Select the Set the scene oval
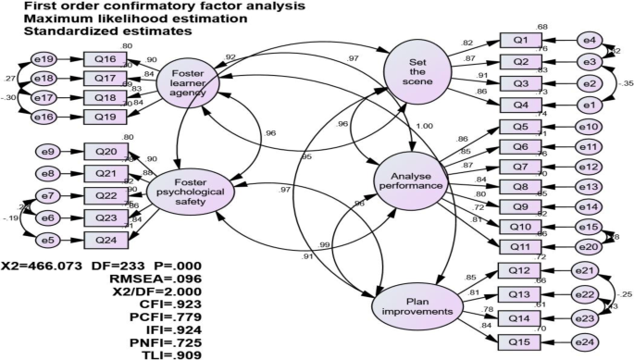[413, 68]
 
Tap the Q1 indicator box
[519, 40]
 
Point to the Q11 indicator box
[519, 247]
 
